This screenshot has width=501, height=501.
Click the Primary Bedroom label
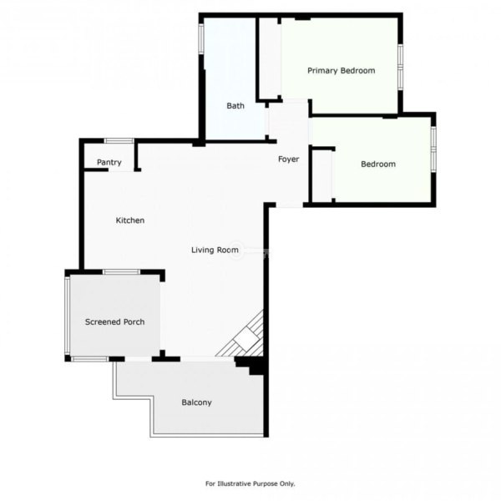(342, 71)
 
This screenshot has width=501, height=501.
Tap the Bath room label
(235, 106)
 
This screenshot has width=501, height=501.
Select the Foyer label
(289, 159)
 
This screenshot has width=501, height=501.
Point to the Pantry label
(109, 162)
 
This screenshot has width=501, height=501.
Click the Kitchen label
(130, 220)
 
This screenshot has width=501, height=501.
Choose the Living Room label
(215, 250)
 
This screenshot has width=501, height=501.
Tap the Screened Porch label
(114, 321)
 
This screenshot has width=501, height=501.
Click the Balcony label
(196, 402)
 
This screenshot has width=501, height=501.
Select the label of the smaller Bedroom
(378, 164)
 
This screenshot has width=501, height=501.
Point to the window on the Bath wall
(201, 38)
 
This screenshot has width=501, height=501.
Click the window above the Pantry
(119, 140)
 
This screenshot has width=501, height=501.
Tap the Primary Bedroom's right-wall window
(400, 67)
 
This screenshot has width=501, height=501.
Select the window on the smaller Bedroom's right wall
(433, 149)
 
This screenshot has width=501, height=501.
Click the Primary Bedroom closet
(270, 58)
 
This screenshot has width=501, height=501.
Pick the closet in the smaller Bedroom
(322, 176)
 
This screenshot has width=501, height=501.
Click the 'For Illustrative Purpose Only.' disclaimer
(250, 483)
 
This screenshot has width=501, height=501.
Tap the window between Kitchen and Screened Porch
(121, 272)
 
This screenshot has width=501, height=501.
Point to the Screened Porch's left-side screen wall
(67, 316)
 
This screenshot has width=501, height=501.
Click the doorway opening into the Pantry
(121, 170)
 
